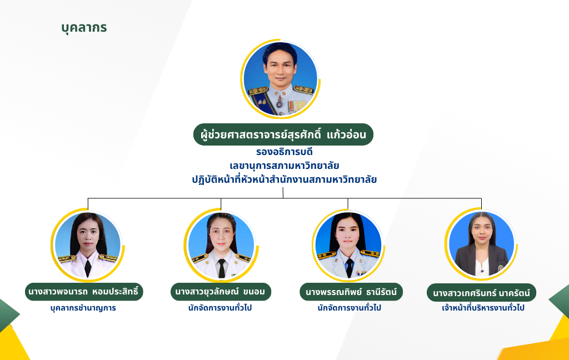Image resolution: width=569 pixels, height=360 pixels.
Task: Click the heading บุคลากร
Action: tap(84, 28)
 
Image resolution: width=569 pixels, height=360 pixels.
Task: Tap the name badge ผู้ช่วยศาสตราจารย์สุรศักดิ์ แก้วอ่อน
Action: tap(283, 134)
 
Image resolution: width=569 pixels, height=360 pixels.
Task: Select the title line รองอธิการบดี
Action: tap(284, 152)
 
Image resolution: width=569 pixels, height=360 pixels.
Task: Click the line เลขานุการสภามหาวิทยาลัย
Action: tap(284, 166)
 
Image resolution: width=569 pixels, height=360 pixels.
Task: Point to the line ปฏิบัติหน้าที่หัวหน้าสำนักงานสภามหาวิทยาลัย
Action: tap(284, 179)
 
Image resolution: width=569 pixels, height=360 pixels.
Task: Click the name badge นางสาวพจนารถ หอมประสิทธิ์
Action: tap(84, 292)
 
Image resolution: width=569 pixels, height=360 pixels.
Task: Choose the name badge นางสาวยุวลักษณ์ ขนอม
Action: tap(221, 292)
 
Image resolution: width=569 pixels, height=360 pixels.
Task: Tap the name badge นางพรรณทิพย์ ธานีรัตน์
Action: tap(351, 292)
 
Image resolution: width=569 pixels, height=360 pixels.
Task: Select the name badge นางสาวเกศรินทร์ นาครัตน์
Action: tap(481, 292)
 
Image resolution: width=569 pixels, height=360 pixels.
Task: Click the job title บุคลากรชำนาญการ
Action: tap(83, 308)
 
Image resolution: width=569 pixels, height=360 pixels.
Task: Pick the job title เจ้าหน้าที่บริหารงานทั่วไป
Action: tap(483, 308)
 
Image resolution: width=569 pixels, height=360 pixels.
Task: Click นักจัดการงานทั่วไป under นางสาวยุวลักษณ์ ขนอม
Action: tap(220, 308)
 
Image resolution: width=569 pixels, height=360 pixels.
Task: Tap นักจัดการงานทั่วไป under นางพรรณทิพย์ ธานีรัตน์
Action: tap(349, 308)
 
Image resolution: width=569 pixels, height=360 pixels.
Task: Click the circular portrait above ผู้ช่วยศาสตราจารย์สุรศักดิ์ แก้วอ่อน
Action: tap(281, 79)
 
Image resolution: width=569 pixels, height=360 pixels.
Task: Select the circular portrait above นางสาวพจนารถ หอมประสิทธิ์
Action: tap(88, 246)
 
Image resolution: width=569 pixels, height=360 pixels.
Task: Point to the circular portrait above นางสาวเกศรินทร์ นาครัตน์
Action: tap(481, 244)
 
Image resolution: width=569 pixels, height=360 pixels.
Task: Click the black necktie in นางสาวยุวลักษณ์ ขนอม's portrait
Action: tap(221, 268)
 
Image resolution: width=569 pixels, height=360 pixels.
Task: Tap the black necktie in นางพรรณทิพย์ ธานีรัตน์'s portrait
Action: tap(350, 268)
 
